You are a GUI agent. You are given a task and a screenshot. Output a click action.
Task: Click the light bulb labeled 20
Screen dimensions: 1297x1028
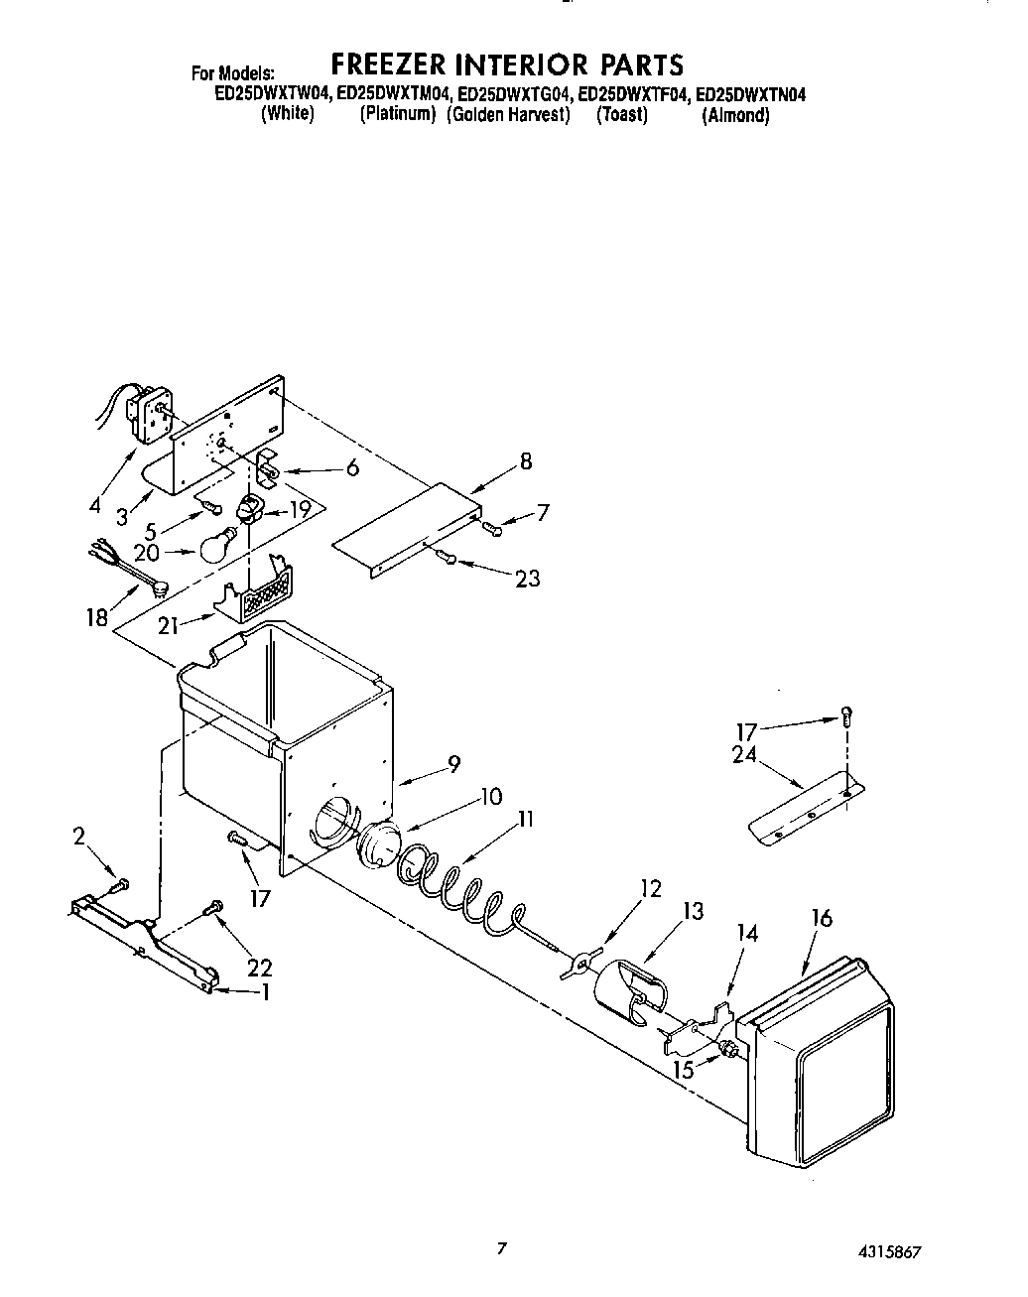pyautogui.click(x=219, y=546)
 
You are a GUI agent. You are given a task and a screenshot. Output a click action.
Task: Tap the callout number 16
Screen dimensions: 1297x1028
pyautogui.click(x=821, y=918)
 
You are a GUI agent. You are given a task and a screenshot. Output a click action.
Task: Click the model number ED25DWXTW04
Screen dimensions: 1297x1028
pyautogui.click(x=273, y=95)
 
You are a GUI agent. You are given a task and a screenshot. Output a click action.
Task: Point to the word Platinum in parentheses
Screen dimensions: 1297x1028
pyautogui.click(x=398, y=114)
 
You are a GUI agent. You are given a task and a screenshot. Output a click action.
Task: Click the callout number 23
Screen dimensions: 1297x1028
pyautogui.click(x=527, y=578)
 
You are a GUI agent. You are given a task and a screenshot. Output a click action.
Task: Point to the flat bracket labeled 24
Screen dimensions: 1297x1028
pyautogui.click(x=804, y=805)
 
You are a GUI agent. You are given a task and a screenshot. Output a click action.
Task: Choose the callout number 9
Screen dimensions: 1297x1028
pyautogui.click(x=453, y=764)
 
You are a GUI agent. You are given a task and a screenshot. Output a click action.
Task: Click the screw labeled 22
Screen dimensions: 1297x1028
pyautogui.click(x=214, y=907)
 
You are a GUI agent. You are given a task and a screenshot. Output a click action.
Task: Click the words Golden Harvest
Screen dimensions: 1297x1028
pyautogui.click(x=509, y=114)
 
